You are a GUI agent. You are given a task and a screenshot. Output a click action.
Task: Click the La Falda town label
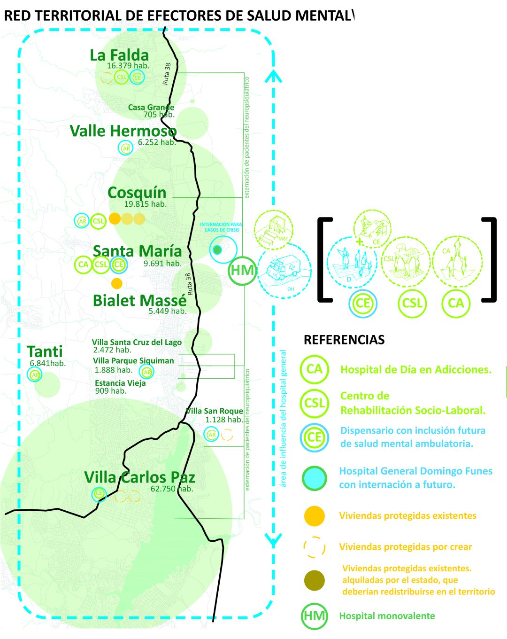coord(119,55)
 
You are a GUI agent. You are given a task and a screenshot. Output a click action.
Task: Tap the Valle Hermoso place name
coord(123,131)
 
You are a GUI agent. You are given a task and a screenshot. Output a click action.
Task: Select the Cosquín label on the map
coord(137,193)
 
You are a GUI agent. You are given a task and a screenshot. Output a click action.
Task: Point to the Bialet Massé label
coord(139,301)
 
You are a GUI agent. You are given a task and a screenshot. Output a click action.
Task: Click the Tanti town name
coord(45,351)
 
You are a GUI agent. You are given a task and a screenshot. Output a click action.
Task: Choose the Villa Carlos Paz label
coord(139,477)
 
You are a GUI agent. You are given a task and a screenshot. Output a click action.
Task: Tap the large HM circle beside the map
coord(242,270)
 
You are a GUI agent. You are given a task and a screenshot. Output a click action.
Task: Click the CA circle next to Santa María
coord(83,265)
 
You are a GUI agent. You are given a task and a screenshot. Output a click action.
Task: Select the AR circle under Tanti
coord(35,375)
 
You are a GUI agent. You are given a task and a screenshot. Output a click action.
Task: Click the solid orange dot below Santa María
coord(117,283)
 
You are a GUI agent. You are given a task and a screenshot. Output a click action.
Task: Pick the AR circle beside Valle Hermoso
coord(126,148)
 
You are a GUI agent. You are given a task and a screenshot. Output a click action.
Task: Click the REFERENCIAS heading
coord(344,340)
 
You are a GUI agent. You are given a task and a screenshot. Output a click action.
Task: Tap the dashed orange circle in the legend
coord(314,547)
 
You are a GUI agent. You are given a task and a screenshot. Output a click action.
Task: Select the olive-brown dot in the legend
coord(314,580)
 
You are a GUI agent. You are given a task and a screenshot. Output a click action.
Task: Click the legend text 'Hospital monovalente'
coord(387,616)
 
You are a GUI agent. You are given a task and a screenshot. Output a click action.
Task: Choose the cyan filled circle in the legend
coord(314,478)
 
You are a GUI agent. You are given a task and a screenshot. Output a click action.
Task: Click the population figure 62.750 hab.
coord(172,489)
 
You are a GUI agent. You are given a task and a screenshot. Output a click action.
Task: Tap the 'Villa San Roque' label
coord(215,411)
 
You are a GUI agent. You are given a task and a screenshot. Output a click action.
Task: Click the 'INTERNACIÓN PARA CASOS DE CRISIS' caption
coord(221,227)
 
